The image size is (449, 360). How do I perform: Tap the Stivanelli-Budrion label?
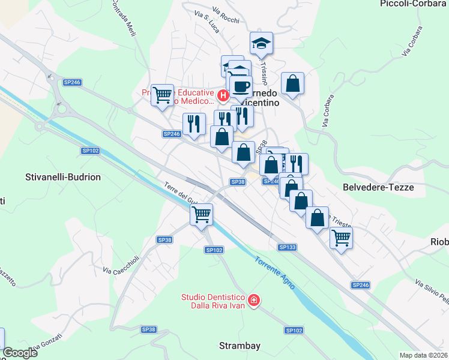point(63,178)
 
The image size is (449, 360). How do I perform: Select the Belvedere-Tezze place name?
point(378,187)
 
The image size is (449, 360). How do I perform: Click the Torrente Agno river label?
point(274,274)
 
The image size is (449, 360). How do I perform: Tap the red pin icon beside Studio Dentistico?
point(254,299)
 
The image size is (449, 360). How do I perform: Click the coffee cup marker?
point(241,86)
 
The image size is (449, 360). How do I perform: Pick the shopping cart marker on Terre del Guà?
point(202,214)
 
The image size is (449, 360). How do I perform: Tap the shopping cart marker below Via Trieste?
point(341,238)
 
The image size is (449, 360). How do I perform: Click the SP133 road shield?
point(288,247)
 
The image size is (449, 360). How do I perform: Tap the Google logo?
point(20,353)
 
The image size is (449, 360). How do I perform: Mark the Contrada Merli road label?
point(124,18)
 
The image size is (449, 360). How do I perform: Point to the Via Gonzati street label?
point(47,343)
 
